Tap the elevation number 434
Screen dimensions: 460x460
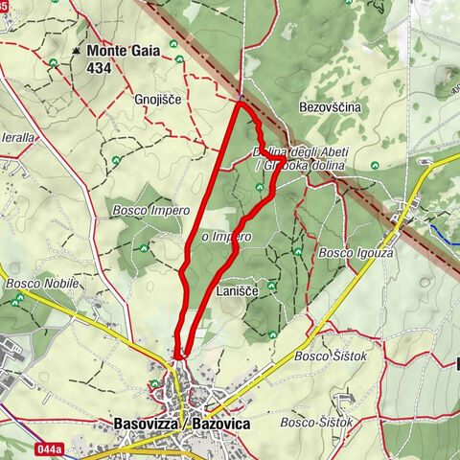tap(99, 68)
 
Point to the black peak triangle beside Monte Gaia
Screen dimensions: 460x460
tap(76, 50)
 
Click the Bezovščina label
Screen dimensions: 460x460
tap(330, 108)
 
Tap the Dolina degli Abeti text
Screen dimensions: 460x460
tap(300, 152)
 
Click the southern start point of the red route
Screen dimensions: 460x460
tap(178, 356)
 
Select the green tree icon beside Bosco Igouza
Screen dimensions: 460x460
tap(298, 251)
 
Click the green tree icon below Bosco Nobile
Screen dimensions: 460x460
tap(18, 300)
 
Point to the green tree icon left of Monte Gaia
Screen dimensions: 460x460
tap(52, 63)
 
